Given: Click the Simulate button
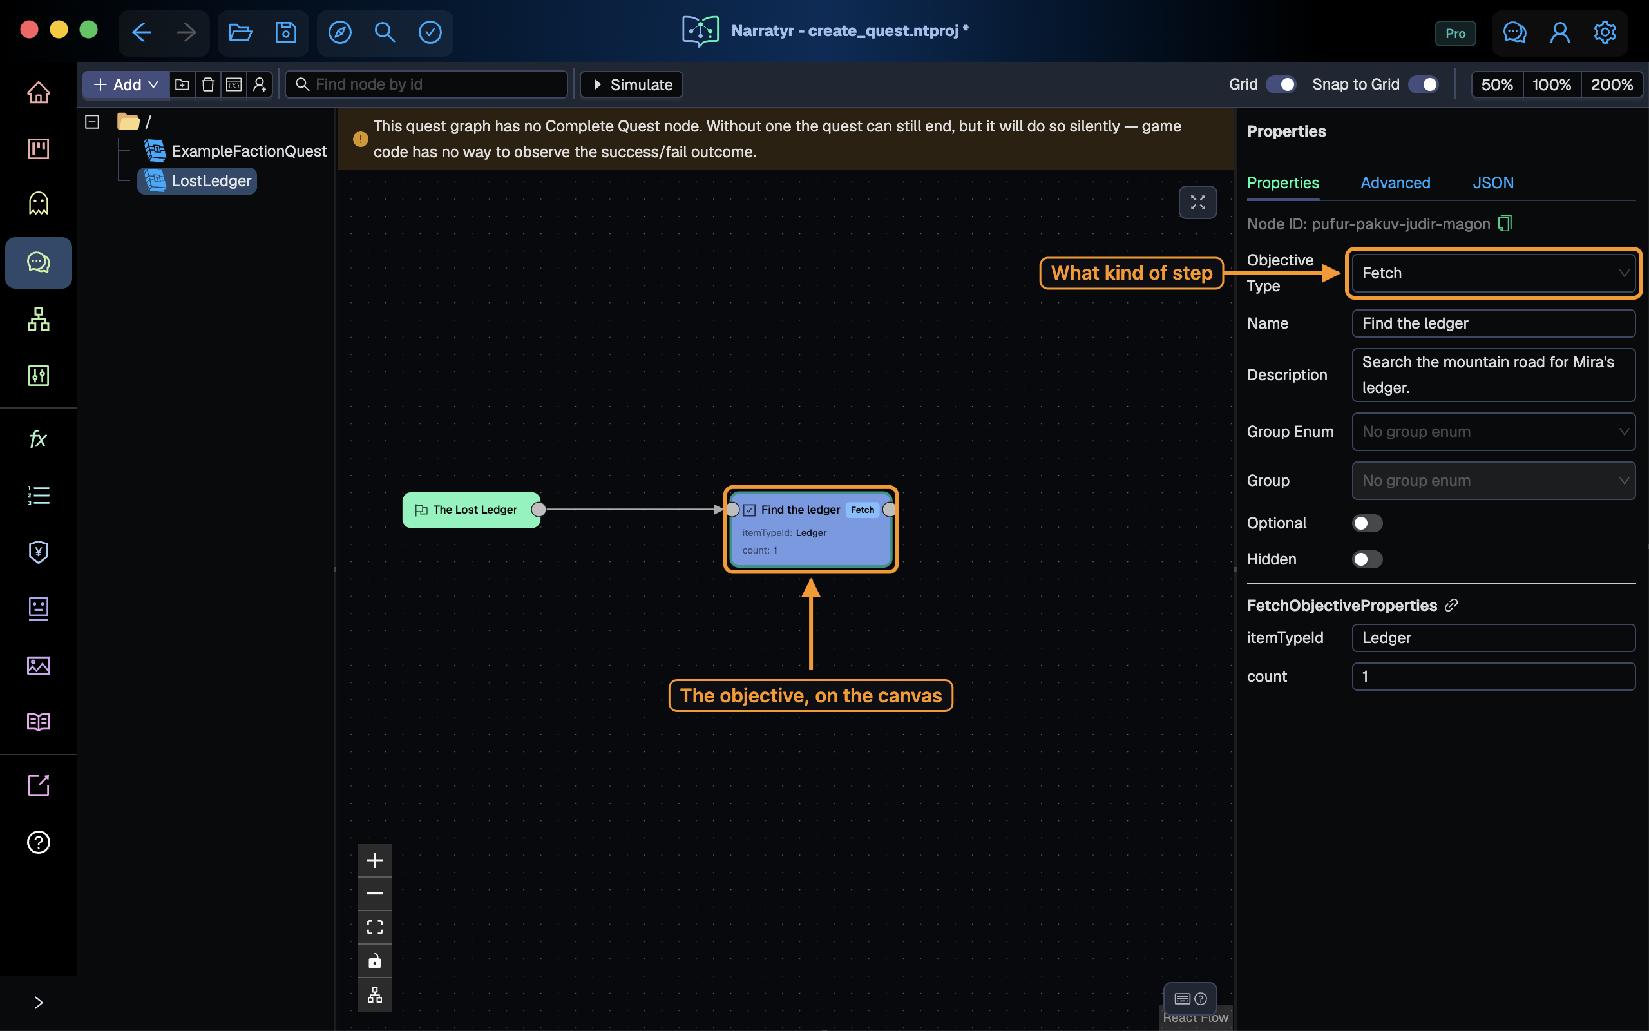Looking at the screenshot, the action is (631, 84).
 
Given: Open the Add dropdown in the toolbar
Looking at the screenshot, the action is (126, 84).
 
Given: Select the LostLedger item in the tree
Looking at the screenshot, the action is (198, 180).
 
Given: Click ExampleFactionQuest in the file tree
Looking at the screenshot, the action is (236, 151).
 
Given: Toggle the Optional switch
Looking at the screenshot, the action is (1367, 523).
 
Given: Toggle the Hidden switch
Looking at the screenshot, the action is (1367, 559).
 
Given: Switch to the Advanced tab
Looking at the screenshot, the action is (1395, 183).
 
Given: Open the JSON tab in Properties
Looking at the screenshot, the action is (1493, 183).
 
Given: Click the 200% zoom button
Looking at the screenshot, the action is (1612, 84).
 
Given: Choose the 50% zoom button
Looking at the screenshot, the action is (1497, 84).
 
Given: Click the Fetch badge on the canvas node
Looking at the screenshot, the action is (862, 510).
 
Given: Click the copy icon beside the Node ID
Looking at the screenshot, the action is (1505, 224).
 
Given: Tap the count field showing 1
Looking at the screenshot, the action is (1493, 677).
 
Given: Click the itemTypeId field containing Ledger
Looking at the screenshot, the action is (1493, 637).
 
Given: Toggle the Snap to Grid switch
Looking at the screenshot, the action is (1424, 84).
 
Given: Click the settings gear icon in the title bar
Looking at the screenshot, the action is (1605, 32).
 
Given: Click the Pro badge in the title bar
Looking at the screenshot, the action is (1455, 34).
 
